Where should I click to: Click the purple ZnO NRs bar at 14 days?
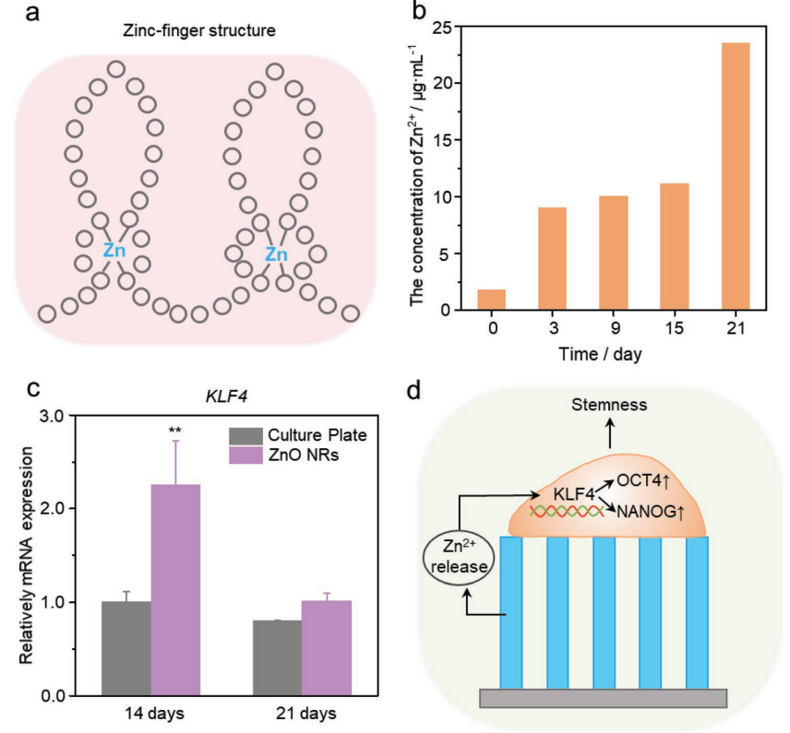[x=175, y=590]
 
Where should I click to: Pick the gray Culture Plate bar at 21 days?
[x=277, y=658]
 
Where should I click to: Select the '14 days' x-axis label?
[x=151, y=713]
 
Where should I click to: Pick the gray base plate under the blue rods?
[x=604, y=698]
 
